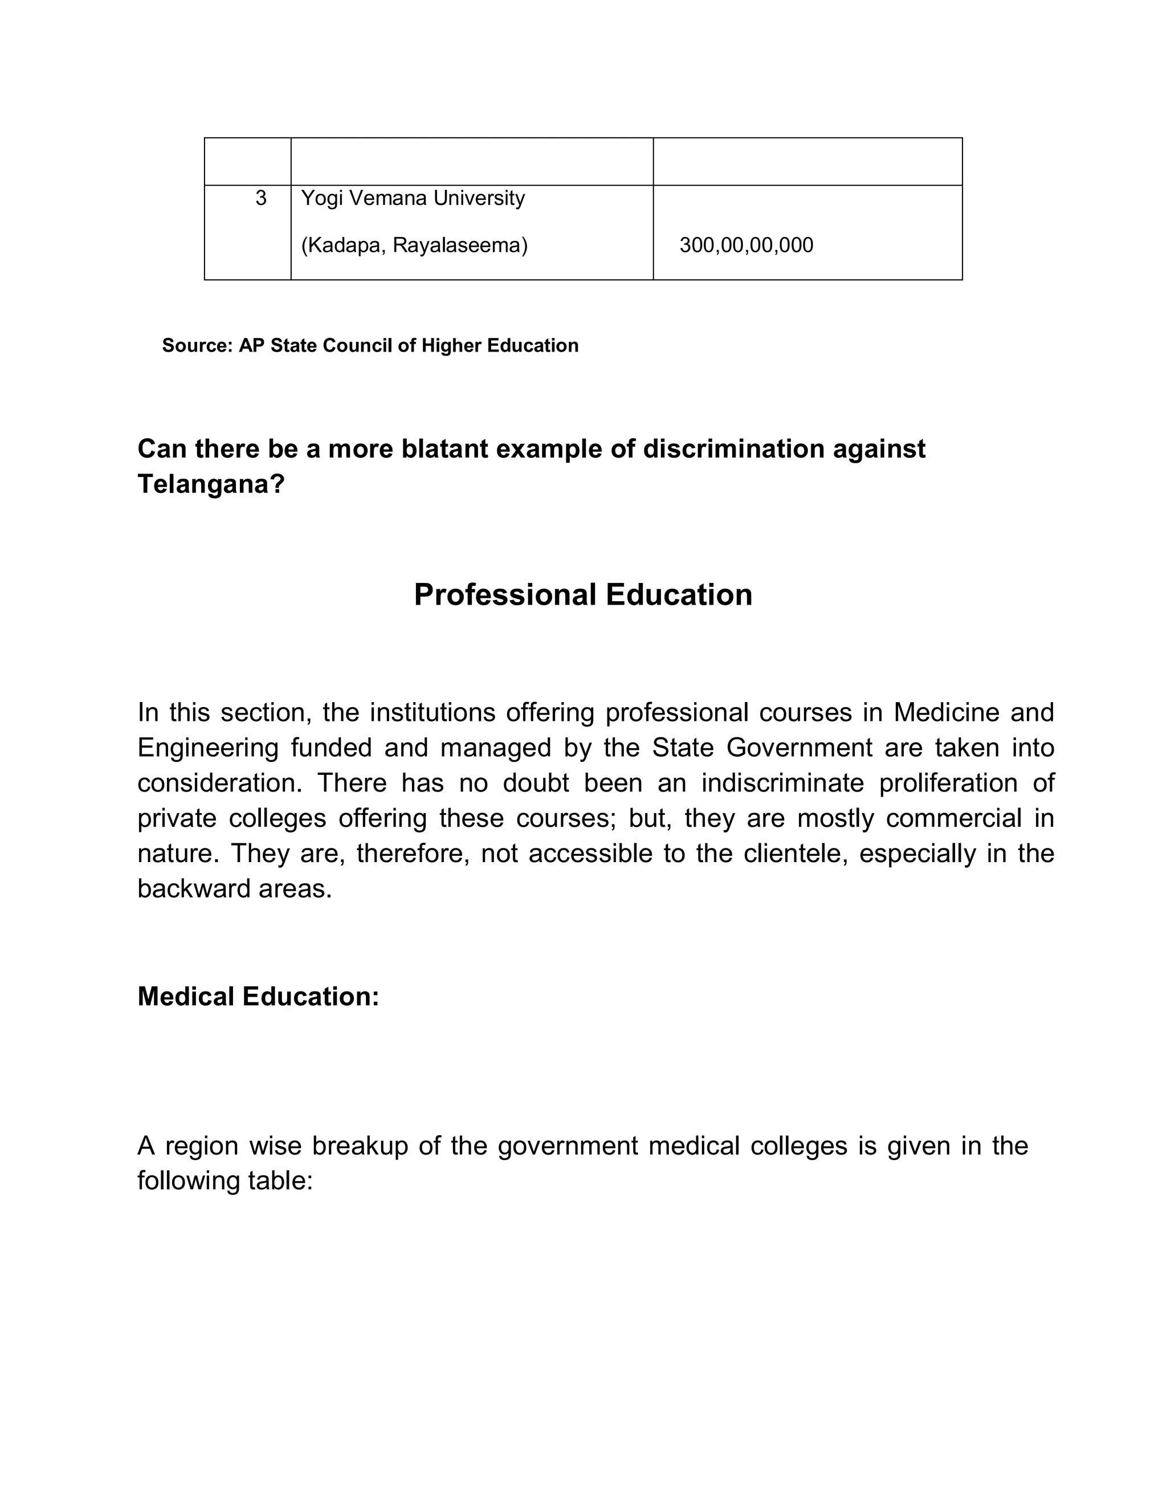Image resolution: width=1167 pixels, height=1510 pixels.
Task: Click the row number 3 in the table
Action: [x=260, y=198]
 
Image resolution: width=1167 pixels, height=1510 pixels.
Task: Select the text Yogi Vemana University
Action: [x=413, y=198]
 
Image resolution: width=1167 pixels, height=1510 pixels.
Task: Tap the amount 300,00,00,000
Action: [x=746, y=246]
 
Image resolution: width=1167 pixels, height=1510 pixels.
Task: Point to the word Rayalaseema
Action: [x=460, y=246]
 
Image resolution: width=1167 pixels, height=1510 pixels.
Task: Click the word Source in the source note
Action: [x=198, y=346]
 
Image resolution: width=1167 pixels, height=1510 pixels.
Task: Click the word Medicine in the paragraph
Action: [x=946, y=713]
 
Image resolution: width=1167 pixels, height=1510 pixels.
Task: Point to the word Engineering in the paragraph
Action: [x=207, y=748]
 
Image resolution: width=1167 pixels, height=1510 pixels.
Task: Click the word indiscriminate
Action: [x=782, y=783]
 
